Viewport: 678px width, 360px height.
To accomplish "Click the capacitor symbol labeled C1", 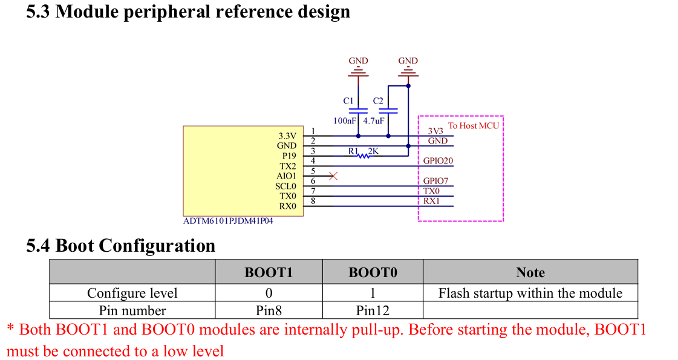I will tap(359, 111).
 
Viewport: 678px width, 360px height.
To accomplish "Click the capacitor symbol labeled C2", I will tap(388, 111).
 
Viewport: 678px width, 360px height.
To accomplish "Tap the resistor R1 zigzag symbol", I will tap(363, 155).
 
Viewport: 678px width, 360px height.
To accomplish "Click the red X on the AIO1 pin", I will tap(332, 176).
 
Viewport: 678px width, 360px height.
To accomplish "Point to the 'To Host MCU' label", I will tap(473, 126).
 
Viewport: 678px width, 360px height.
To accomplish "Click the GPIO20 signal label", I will tap(438, 161).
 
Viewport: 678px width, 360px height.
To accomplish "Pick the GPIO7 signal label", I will tap(435, 181).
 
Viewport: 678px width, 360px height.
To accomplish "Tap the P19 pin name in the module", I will tap(289, 155).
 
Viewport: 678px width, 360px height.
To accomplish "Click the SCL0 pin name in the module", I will tap(286, 186).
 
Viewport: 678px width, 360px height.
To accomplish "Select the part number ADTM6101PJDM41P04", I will tap(228, 221).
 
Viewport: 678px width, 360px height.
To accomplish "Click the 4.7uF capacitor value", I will tap(373, 121).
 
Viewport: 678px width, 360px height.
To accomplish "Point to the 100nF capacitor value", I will tap(345, 121).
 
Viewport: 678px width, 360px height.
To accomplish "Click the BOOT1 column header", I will tap(269, 272).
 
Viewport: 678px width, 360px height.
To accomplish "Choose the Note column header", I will tap(530, 272).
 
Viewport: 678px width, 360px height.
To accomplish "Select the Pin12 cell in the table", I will tap(373, 311).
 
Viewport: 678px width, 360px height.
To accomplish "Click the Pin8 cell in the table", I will tap(269, 311).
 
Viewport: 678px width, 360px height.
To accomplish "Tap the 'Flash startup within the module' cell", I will tap(530, 293).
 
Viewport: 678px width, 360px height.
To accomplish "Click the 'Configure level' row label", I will tap(132, 293).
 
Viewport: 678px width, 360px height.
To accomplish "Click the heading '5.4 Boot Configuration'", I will tap(121, 246).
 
